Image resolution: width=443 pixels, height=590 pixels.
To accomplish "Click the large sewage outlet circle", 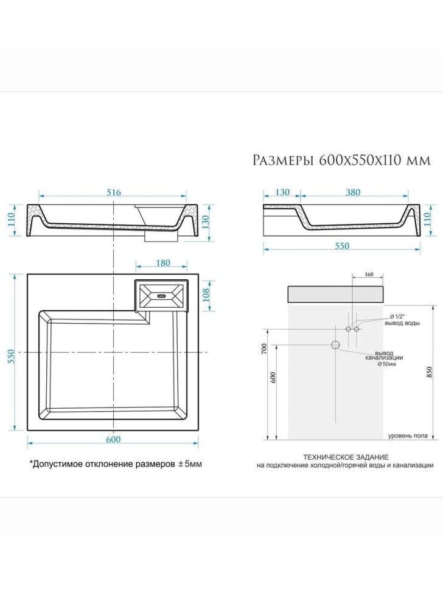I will click(335, 345).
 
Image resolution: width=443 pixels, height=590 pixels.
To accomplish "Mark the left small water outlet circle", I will click(349, 329).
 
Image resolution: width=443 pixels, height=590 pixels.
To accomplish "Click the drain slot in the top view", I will click(162, 296).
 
